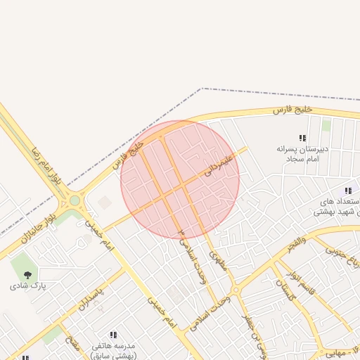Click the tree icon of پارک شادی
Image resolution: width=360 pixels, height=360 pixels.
[x=27, y=274]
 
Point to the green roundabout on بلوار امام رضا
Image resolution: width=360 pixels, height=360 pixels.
[x=75, y=201]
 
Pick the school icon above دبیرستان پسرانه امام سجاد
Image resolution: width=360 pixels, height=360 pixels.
[x=302, y=139]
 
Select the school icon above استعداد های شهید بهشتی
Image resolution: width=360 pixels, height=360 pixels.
[x=347, y=191]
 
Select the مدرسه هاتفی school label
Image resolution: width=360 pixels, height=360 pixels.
[x=112, y=348]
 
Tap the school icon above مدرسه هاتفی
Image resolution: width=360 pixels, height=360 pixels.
[x=112, y=335]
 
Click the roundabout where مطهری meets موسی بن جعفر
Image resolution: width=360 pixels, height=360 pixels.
[x=236, y=290]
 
